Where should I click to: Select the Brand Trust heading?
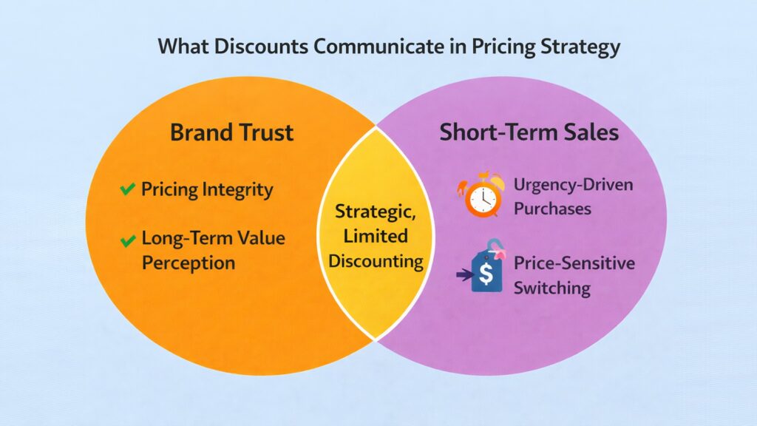(x=231, y=133)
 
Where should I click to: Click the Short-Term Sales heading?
(x=529, y=133)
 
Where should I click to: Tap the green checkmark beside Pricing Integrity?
(x=127, y=190)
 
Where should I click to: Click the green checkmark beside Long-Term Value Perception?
(x=127, y=240)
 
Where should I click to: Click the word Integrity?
(x=237, y=190)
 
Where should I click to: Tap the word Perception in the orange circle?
(x=189, y=263)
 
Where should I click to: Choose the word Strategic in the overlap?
(x=376, y=212)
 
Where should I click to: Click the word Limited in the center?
(x=376, y=236)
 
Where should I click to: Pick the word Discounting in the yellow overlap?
(x=376, y=261)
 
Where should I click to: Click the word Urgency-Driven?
(x=574, y=184)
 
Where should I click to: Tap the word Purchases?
(x=552, y=209)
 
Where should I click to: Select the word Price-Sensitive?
(x=574, y=263)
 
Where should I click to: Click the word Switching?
(x=551, y=288)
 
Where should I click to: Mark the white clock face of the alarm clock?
(x=481, y=199)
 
